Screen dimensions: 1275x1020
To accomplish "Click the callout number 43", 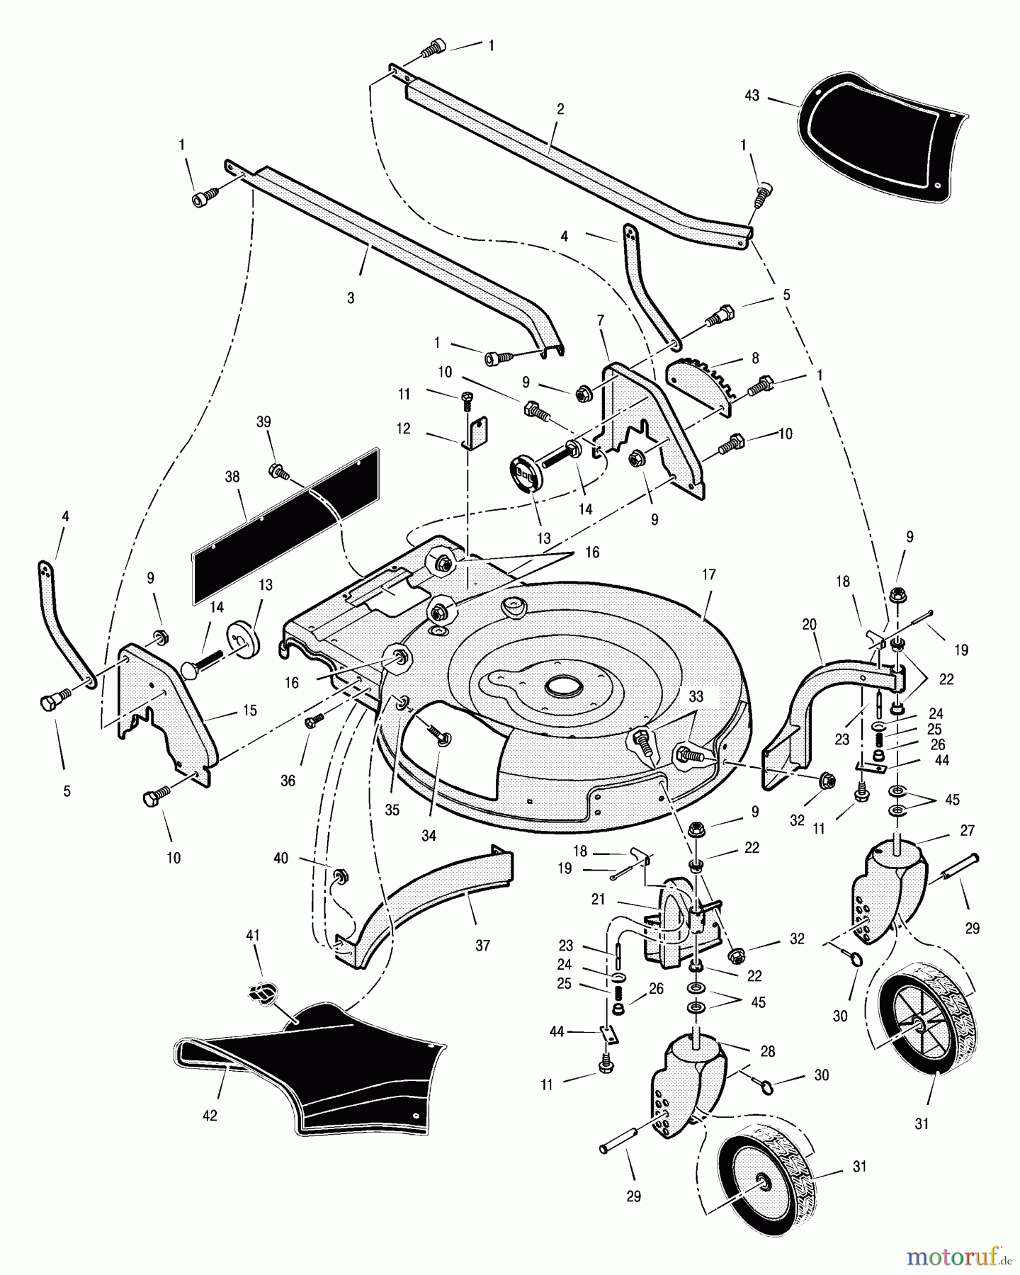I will coord(752,95).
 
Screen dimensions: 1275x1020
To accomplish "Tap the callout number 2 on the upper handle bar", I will coord(560,109).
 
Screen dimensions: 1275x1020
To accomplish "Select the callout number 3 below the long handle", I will coord(351,298).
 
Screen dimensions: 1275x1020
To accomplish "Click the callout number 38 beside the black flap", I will coord(232,477).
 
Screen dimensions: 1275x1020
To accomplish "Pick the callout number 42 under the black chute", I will coord(210,1116).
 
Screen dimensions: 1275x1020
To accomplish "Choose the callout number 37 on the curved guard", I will coord(482,945).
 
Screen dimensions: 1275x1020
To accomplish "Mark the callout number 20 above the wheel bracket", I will coord(809,625).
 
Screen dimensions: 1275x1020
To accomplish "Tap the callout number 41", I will coord(253,936).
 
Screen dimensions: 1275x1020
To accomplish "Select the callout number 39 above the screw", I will coord(263,422).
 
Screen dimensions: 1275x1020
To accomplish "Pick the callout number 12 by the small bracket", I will coord(403,429).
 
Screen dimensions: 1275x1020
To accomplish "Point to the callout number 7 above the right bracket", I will coord(601,321).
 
